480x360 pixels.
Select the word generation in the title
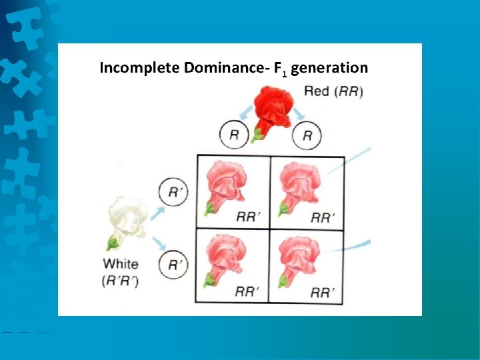pyautogui.click(x=329, y=67)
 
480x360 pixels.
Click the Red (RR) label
pyautogui.click(x=333, y=91)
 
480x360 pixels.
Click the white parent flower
pyautogui.click(x=129, y=217)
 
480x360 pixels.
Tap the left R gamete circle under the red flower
pyautogui.click(x=234, y=135)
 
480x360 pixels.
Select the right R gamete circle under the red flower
pyautogui.click(x=307, y=135)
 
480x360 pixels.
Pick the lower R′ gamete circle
pyautogui.click(x=173, y=265)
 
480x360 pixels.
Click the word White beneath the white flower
pyautogui.click(x=121, y=264)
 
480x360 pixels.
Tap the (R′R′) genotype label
pyautogui.click(x=121, y=280)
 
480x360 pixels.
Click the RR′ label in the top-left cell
pyautogui.click(x=248, y=217)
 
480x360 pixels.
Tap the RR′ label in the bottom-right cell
pyautogui.click(x=323, y=291)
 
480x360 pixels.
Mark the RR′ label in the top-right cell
pyautogui.click(x=323, y=217)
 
